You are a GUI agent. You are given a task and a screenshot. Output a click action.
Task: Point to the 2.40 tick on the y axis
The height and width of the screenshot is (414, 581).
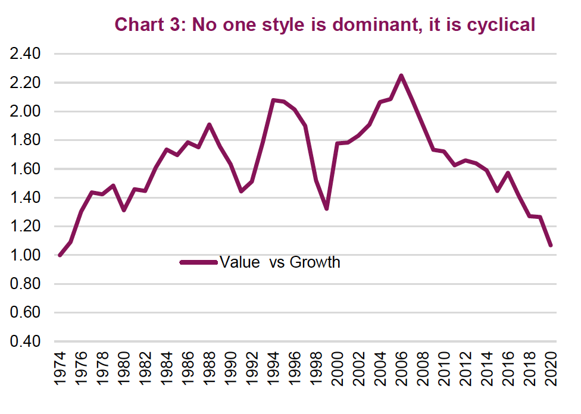[25, 54]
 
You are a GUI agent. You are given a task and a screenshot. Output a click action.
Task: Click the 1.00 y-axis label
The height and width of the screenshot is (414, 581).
[25, 255]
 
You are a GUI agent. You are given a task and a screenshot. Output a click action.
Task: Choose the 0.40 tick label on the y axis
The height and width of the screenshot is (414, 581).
[25, 341]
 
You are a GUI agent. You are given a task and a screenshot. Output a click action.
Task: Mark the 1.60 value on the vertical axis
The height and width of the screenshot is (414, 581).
[25, 169]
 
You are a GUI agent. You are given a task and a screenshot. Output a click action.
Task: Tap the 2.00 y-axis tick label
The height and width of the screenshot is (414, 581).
[25, 111]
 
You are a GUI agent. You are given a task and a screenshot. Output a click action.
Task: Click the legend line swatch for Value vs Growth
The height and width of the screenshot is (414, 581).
[198, 262]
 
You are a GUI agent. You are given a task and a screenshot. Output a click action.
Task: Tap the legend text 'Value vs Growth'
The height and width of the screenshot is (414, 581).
[280, 262]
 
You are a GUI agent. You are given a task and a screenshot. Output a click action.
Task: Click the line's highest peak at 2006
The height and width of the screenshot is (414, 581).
[401, 76]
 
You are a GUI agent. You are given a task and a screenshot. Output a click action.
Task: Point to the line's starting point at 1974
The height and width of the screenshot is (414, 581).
[60, 255]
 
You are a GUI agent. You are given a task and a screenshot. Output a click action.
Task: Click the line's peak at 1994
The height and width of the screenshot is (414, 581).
[273, 100]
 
